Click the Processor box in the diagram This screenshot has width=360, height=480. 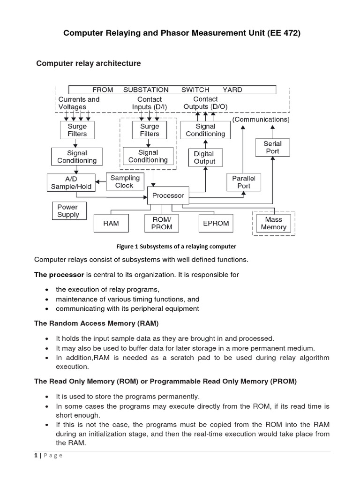[168, 195]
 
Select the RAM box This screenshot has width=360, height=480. [111, 224]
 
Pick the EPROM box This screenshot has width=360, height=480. [216, 224]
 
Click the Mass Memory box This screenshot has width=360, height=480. [273, 223]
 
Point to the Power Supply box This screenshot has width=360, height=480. [68, 211]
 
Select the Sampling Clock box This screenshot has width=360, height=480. [125, 182]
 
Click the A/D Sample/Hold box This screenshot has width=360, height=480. [71, 182]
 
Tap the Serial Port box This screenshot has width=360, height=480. [272, 148]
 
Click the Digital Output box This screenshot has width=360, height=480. [204, 157]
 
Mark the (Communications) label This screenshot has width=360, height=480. [261, 120]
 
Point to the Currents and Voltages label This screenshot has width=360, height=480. [79, 103]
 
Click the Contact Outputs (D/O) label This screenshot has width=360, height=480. [205, 103]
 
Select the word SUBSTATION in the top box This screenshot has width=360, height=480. [146, 90]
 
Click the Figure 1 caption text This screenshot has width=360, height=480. [176, 246]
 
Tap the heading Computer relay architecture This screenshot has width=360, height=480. [89, 63]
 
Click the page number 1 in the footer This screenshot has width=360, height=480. [36, 456]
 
